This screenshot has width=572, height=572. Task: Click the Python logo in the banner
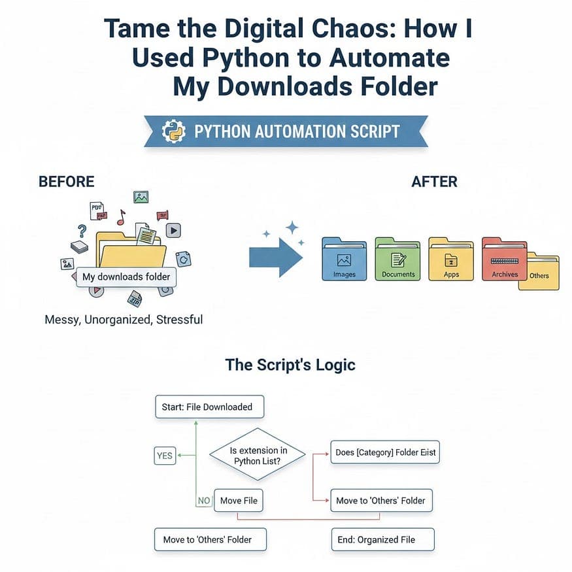[x=173, y=131]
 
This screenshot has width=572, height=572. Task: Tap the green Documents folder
[x=398, y=260]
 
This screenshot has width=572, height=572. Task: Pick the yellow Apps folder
[x=451, y=260]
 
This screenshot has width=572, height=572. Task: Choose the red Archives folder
[x=503, y=260]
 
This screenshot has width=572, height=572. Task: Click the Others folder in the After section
[x=543, y=271]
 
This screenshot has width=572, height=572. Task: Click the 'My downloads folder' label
[x=126, y=277]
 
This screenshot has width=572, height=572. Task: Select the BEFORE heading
[x=67, y=182]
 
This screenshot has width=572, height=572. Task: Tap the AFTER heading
[x=434, y=182]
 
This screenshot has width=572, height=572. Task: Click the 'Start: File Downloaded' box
[x=207, y=407]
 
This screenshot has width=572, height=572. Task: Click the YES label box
[x=165, y=455]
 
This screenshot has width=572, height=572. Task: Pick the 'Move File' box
[x=239, y=501]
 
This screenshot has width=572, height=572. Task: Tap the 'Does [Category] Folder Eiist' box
[x=385, y=452]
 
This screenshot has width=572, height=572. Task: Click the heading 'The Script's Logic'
[x=290, y=364]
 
